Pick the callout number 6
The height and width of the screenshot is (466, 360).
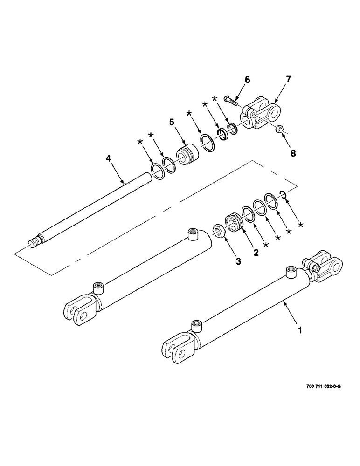(x=248, y=80)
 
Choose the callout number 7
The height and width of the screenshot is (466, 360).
(x=289, y=80)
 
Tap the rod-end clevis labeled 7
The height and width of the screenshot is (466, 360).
(x=261, y=114)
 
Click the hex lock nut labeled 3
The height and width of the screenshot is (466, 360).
(x=217, y=230)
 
